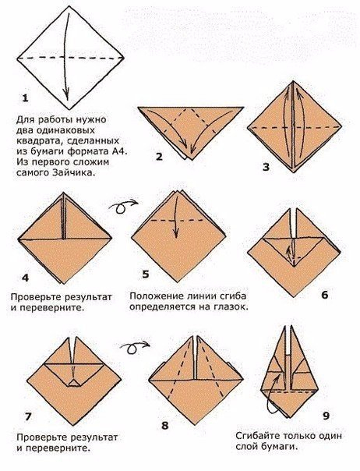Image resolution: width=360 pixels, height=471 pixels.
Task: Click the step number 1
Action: (25, 98)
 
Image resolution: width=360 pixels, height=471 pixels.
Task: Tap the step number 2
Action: (159, 157)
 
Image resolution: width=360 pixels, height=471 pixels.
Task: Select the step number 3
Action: (266, 167)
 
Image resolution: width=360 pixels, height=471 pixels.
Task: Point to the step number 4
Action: (25, 278)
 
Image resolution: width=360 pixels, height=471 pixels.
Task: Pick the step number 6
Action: (325, 296)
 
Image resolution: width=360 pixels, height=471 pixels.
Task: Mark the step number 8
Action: (164, 425)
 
